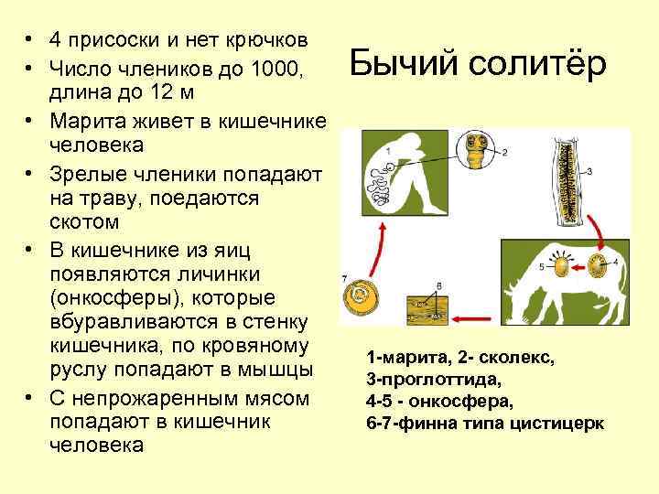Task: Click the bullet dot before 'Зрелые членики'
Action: (30, 172)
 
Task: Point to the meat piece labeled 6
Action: (424, 306)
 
